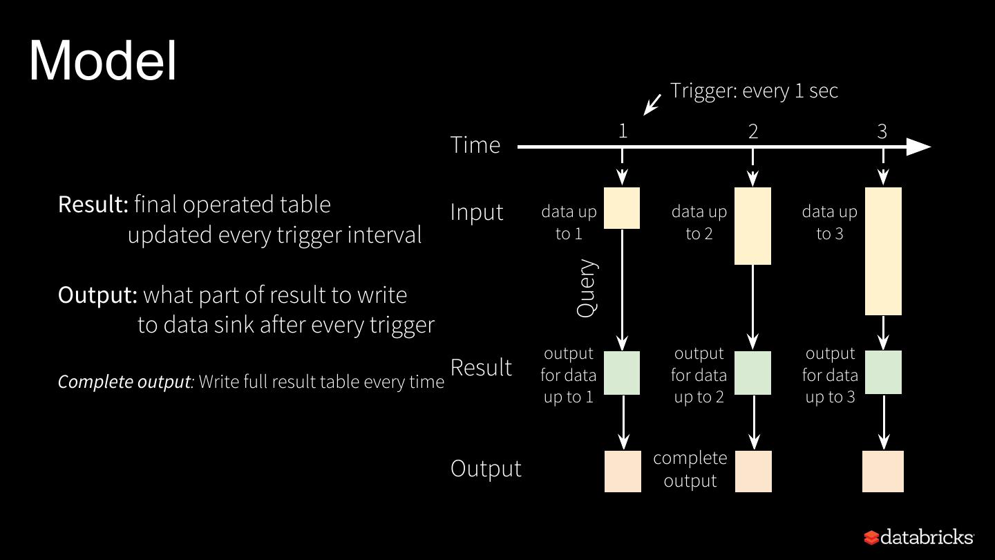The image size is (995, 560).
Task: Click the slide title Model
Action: click(103, 61)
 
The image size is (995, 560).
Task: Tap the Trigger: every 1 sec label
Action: click(754, 91)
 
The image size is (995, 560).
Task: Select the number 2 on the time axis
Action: click(753, 131)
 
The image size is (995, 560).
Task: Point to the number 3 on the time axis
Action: click(882, 131)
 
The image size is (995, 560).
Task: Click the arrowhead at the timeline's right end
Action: click(918, 147)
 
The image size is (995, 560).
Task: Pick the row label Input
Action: click(477, 212)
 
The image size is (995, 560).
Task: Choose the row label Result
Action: click(481, 367)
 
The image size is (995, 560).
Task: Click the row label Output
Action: click(486, 468)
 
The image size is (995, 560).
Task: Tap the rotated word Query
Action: click(586, 288)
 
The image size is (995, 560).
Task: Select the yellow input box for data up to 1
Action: click(622, 207)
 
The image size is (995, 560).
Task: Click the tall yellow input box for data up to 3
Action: click(883, 251)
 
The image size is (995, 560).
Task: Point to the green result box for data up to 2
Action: click(752, 373)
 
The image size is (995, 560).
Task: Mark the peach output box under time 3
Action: click(883, 472)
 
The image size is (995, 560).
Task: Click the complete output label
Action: click(690, 469)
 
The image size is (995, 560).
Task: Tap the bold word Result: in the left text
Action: click(93, 205)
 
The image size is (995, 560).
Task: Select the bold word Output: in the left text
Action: click(98, 295)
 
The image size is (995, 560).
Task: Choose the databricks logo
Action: click(918, 537)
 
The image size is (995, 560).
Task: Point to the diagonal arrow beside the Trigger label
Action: click(652, 104)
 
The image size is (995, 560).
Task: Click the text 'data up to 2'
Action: click(699, 223)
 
